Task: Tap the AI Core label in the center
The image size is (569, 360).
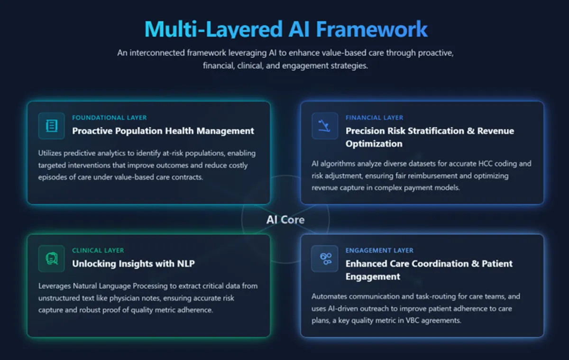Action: [285, 220]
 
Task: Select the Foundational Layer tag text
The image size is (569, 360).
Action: [110, 118]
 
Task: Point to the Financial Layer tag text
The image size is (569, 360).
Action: [375, 118]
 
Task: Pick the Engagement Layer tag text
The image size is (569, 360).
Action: [379, 250]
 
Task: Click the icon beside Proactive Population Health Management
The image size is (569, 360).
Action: [52, 126]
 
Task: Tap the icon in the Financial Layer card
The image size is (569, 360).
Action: [325, 126]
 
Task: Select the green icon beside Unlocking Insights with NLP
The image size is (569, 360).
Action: [52, 258]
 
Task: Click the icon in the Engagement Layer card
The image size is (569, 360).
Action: [325, 258]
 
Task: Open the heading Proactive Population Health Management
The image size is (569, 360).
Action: [163, 131]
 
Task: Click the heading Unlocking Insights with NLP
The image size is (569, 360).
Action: [133, 264]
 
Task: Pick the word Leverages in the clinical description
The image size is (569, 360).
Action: [55, 286]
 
